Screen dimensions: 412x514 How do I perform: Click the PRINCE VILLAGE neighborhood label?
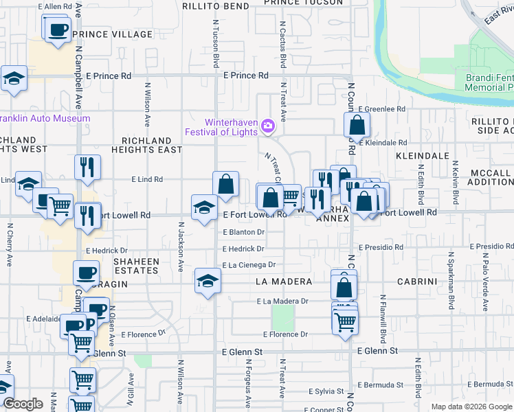(x=111, y=34)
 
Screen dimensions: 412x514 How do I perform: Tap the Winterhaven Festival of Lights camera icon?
(x=268, y=125)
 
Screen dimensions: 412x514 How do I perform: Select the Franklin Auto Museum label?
(x=45, y=118)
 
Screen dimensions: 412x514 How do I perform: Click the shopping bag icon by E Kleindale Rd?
(x=357, y=125)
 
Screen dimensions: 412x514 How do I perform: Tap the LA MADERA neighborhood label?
(x=283, y=282)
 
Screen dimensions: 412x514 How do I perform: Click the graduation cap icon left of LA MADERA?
(x=207, y=280)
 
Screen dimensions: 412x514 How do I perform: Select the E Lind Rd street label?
(x=147, y=179)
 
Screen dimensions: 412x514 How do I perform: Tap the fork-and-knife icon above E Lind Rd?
(x=88, y=167)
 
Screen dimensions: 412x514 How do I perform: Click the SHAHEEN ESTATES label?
(x=136, y=266)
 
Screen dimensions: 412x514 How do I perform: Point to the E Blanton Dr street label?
(x=243, y=232)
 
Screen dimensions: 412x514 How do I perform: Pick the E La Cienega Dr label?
(x=248, y=264)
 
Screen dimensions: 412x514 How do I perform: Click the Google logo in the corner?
(x=23, y=404)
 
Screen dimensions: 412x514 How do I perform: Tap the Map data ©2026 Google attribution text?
(x=471, y=407)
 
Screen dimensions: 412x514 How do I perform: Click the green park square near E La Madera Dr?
(x=282, y=317)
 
